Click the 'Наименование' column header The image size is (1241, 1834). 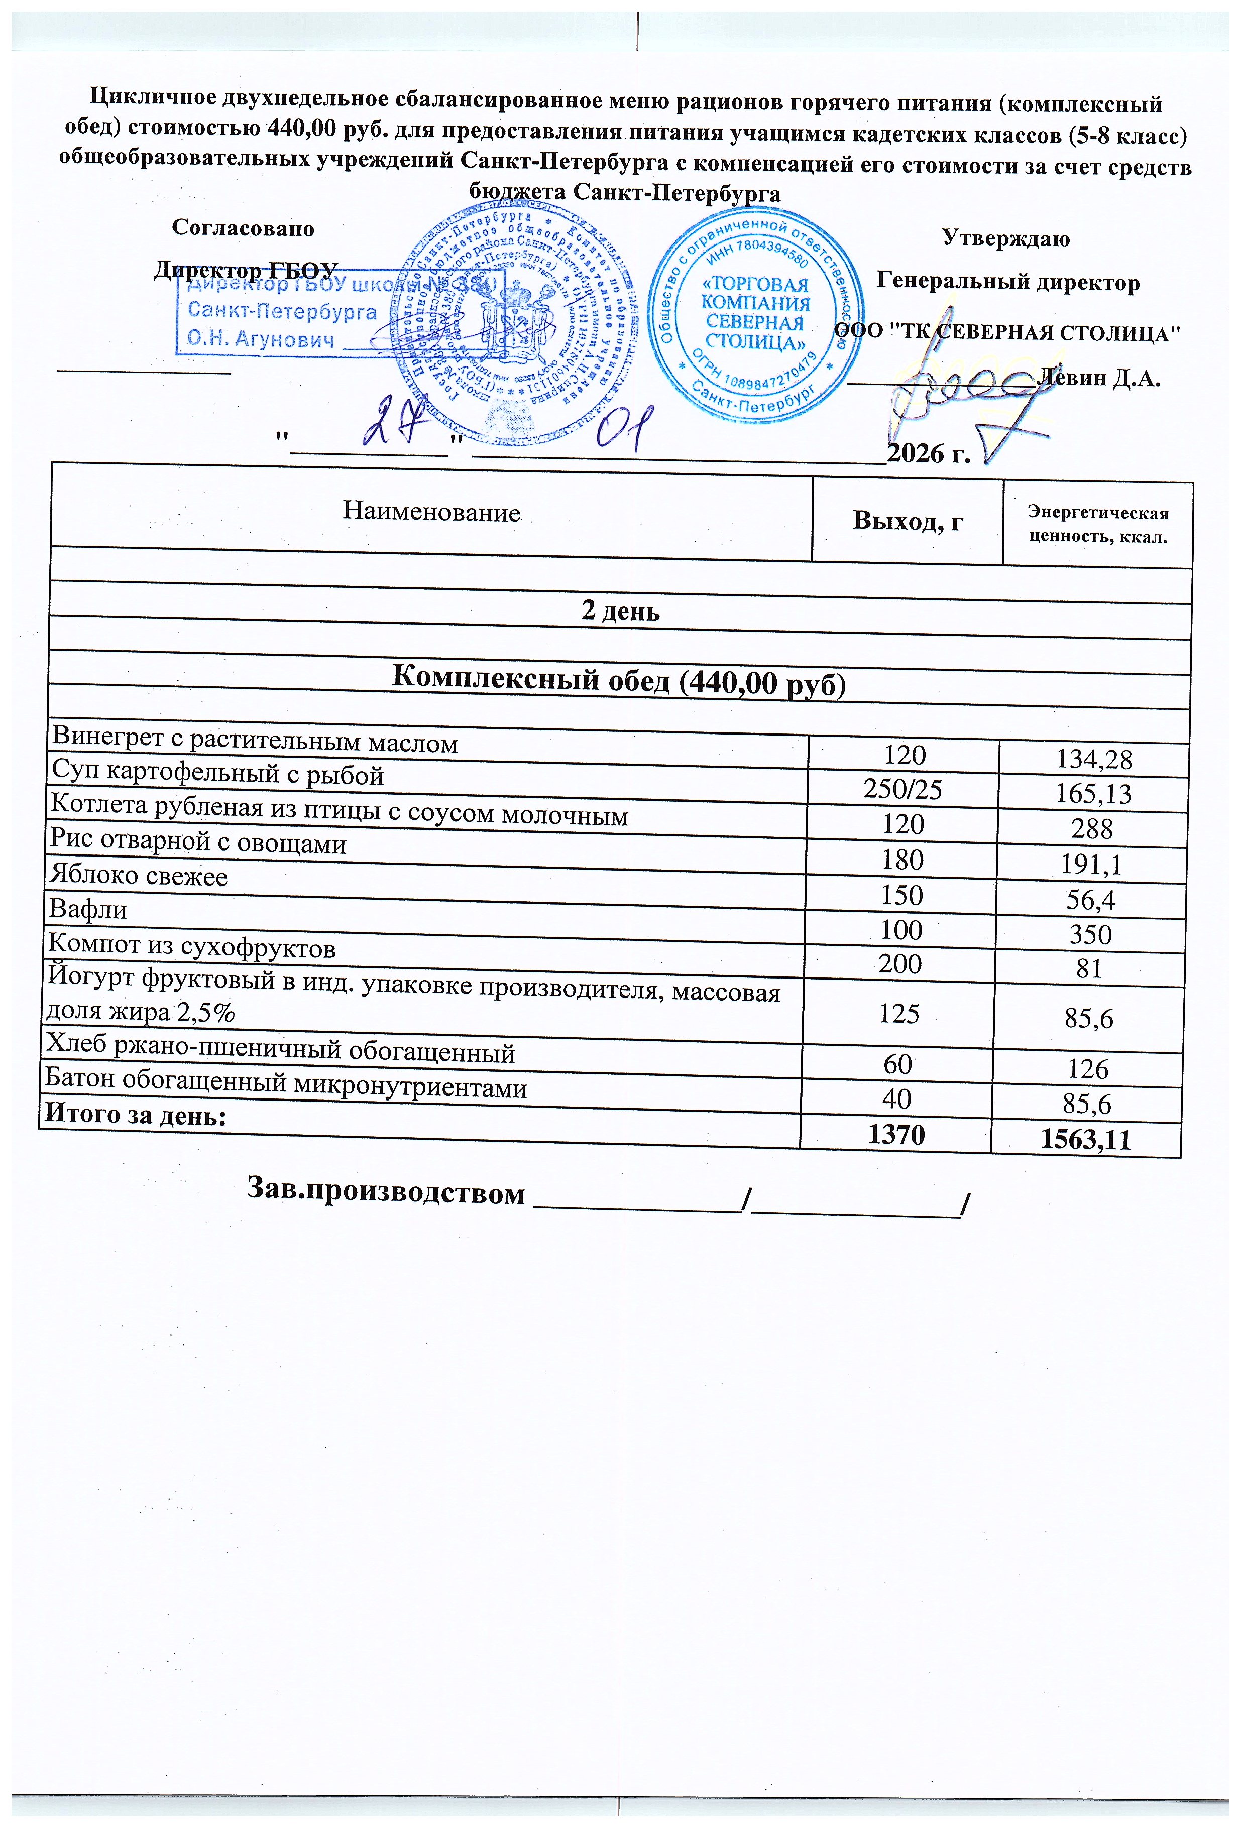(431, 512)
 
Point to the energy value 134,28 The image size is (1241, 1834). (1093, 759)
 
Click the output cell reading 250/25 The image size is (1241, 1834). (903, 790)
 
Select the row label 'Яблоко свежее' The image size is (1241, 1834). (139, 876)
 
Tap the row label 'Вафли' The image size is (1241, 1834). (88, 910)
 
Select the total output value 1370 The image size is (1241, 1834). (895, 1135)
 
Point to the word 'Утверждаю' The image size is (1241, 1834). (1006, 238)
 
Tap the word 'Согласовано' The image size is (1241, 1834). (243, 229)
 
